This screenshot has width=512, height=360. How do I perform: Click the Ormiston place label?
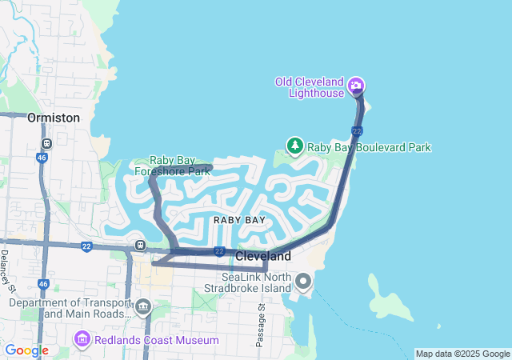pyautogui.click(x=54, y=118)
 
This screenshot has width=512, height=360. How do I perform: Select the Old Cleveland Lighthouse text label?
pyautogui.click(x=309, y=86)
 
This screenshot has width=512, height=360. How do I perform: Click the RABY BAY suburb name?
pyautogui.click(x=239, y=219)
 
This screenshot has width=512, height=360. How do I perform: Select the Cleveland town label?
pyautogui.click(x=263, y=256)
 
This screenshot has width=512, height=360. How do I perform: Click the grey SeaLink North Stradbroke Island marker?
pyautogui.click(x=303, y=281)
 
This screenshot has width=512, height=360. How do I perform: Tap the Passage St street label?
pyautogui.click(x=261, y=325)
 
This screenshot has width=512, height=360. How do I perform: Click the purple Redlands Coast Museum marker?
pyautogui.click(x=80, y=341)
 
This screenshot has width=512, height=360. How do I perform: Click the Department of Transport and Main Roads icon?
pyautogui.click(x=143, y=306)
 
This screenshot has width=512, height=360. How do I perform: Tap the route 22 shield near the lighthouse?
pyautogui.click(x=357, y=130)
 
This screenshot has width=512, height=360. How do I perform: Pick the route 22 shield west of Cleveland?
pyautogui.click(x=219, y=251)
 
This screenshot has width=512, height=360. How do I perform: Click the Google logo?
pyautogui.click(x=26, y=350)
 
